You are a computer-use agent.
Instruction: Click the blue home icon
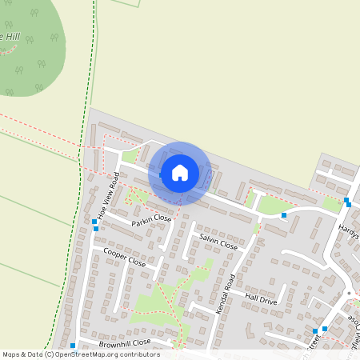click(x=180, y=172)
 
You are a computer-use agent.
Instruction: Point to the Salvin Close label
click(x=218, y=243)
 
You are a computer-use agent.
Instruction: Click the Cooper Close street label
click(x=125, y=257)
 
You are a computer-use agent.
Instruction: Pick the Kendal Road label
click(x=227, y=293)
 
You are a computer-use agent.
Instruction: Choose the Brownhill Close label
click(x=125, y=343)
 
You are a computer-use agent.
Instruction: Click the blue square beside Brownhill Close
click(x=73, y=346)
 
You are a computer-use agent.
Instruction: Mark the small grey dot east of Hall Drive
click(x=349, y=294)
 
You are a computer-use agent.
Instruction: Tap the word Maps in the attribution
click(x=12, y=354)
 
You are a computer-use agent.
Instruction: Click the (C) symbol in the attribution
click(x=50, y=354)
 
